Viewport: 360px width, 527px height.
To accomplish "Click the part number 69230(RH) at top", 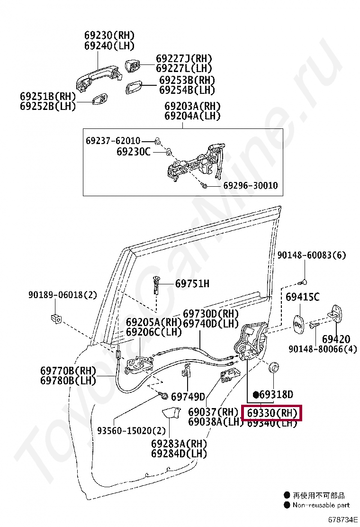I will point(109,36).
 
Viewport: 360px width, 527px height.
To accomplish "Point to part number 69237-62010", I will point(113,141).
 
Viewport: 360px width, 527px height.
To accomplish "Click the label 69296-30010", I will point(250,185).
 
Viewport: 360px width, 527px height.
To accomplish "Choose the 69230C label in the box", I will point(133,152).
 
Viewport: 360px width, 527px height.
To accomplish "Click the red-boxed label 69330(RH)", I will point(272,413).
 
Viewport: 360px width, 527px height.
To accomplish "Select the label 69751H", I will point(192,283).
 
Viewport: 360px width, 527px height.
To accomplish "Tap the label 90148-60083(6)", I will point(312,255).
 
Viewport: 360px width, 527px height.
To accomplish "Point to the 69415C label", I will point(302,297).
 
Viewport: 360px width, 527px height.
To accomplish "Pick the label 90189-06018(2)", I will point(62,295).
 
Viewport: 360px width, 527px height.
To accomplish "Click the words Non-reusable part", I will point(321,505).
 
